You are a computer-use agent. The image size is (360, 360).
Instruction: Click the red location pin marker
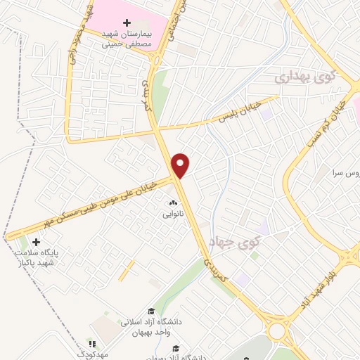click(x=181, y=165)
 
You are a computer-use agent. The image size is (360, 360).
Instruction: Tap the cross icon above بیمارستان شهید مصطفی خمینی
click(x=127, y=23)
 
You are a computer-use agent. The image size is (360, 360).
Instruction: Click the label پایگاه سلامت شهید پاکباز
click(x=40, y=257)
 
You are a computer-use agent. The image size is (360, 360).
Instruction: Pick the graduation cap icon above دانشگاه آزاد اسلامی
click(x=150, y=311)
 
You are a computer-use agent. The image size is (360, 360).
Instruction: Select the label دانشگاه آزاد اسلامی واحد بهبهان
click(x=151, y=326)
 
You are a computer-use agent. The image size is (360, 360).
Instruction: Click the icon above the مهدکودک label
click(x=91, y=344)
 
